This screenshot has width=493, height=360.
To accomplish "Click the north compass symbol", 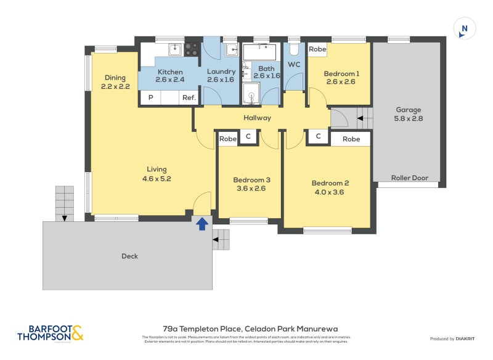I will point(465,28).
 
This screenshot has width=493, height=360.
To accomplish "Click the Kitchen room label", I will point(170,72).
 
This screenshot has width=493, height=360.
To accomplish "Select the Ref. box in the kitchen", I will point(188,97).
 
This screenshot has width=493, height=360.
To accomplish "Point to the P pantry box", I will point(150,97).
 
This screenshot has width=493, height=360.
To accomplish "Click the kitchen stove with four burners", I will point(192,49).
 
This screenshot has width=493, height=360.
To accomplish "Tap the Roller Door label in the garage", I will point(409,178).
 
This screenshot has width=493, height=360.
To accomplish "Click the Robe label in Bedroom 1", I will point(317,49).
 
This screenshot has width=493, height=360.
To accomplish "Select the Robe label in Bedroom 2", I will point(351,139).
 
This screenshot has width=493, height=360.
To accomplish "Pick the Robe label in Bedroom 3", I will point(228,139).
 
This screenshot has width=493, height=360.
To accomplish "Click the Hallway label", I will point(256,118).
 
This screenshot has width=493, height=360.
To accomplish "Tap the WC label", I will point(294,65).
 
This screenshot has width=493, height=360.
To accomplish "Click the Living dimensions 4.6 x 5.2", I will point(157,179).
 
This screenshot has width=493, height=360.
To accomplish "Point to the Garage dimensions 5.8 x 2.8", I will point(409,118).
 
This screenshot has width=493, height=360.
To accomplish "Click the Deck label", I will point(129,256).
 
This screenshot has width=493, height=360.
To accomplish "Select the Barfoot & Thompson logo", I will point(50,333).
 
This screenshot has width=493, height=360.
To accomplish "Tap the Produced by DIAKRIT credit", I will point(455,338).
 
